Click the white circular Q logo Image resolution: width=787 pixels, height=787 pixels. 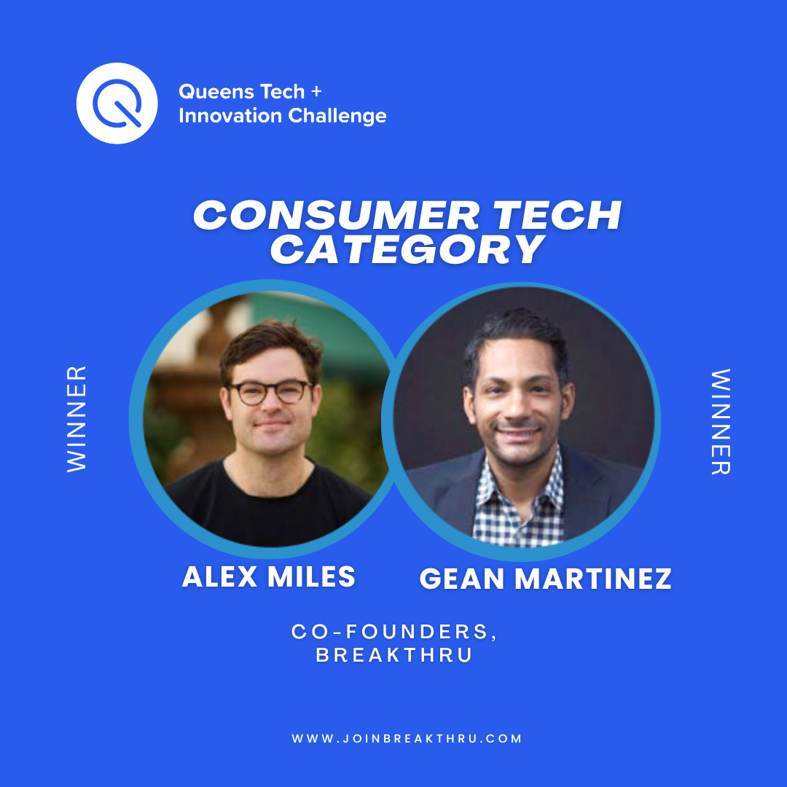[117, 103]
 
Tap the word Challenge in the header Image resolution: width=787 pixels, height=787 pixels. [337, 116]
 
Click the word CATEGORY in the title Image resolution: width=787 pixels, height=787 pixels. [407, 249]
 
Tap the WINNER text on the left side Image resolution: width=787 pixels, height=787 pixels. [77, 419]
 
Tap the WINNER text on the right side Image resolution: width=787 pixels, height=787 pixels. [721, 422]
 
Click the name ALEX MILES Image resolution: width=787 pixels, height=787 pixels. [268, 576]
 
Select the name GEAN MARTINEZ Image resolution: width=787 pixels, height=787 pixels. [546, 579]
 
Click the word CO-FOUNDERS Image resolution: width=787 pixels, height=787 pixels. [390, 632]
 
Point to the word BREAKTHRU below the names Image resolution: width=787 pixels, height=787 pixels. [394, 655]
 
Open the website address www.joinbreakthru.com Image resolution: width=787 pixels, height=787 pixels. [407, 739]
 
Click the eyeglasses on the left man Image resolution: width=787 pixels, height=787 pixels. [271, 392]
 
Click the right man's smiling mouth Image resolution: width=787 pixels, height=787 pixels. [517, 433]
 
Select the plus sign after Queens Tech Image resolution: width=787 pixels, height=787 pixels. [316, 92]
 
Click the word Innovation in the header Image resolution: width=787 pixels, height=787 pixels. [230, 116]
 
